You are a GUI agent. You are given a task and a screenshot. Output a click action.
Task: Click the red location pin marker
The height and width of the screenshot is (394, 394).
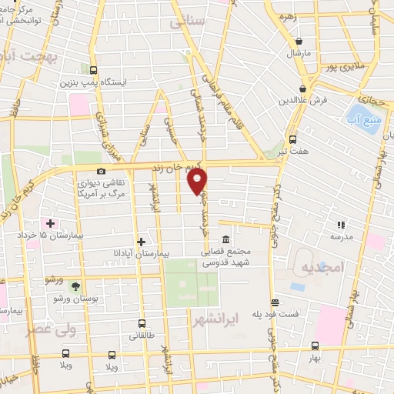[x=198, y=181]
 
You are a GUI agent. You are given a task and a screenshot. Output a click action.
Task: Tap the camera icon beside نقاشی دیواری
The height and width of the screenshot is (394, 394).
[x=101, y=171]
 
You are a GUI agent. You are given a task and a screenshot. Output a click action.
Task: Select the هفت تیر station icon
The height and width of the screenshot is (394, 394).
[x=292, y=139]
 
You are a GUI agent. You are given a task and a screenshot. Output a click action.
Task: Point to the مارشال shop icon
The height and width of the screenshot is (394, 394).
[x=297, y=42]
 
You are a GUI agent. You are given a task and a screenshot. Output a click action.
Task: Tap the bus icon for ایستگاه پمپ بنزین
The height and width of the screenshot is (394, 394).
[x=93, y=68]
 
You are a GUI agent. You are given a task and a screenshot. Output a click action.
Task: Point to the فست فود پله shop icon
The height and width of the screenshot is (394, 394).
[x=272, y=302]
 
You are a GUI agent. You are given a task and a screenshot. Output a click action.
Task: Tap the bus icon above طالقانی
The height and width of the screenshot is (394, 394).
[x=142, y=324]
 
